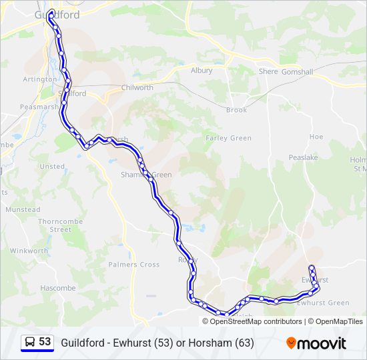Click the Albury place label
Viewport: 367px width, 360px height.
(x=202, y=70)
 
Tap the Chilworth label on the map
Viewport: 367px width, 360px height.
(x=137, y=87)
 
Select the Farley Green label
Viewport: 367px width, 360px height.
(x=228, y=138)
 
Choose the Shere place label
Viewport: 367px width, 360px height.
(x=268, y=71)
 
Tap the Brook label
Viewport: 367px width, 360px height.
(x=236, y=110)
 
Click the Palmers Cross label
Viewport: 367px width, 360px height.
(x=134, y=265)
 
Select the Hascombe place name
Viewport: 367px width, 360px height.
(x=58, y=288)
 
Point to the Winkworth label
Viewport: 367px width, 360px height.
(x=29, y=251)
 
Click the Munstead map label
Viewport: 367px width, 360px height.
(x=23, y=209)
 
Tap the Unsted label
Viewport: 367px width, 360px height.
(x=52, y=167)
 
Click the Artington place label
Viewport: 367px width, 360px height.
(x=40, y=79)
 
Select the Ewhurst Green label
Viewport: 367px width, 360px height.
(x=323, y=303)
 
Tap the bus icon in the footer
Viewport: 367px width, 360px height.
(x=30, y=342)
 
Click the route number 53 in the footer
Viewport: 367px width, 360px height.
(x=45, y=341)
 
